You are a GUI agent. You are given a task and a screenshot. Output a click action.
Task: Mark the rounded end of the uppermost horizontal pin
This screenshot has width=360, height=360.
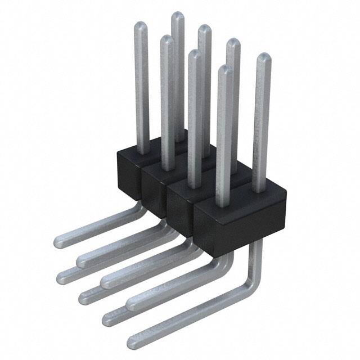60,242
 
